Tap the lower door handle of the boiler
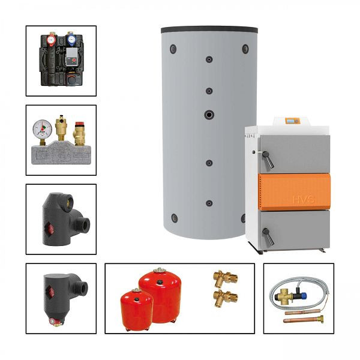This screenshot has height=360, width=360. coord(267,236)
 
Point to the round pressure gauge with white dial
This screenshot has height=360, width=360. coord(43,128)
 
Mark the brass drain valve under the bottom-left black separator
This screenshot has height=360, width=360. coord(56,322)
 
